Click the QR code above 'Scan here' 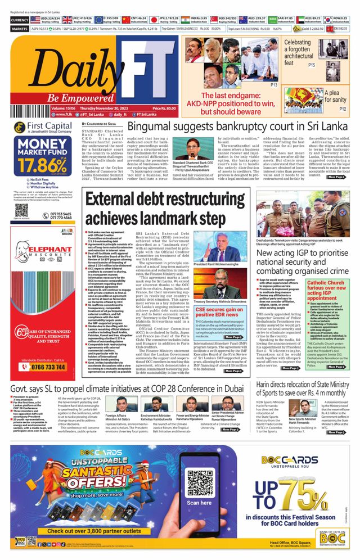coord(199,482)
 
